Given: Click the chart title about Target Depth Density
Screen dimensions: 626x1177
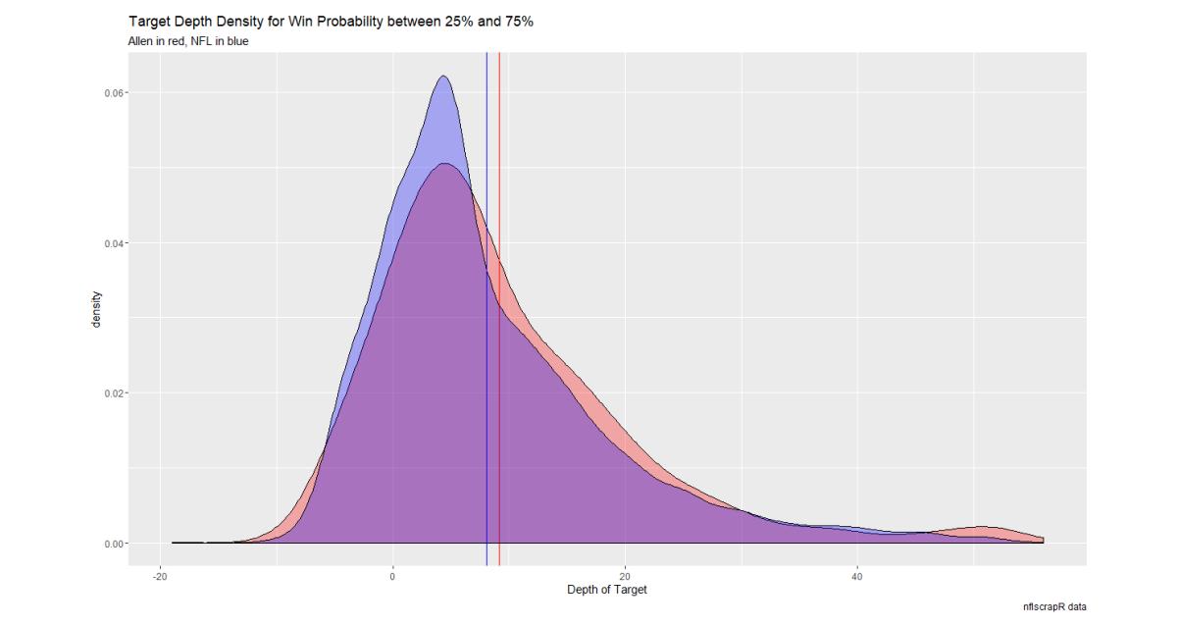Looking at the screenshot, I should (x=331, y=22).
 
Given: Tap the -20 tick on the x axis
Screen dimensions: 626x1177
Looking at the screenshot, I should (x=161, y=576).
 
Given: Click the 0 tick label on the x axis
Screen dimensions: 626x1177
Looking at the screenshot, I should (x=393, y=576).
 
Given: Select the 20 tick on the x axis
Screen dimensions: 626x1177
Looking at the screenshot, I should (x=626, y=576).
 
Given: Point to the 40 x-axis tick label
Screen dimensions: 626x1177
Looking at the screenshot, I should (x=857, y=576).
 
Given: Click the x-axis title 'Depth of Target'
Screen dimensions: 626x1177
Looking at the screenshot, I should (x=607, y=590).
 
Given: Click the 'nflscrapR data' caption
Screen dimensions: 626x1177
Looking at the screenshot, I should (x=1054, y=607).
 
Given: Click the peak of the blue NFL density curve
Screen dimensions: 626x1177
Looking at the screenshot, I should (x=444, y=77).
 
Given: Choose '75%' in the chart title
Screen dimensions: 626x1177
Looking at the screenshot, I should (x=518, y=22).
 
